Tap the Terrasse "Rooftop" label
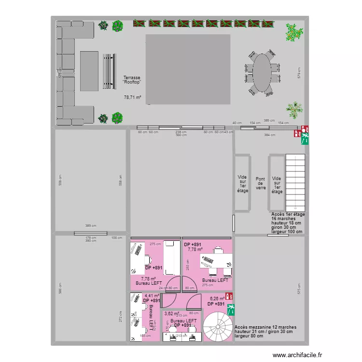click(132, 80)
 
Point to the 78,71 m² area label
click(132, 97)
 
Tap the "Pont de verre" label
click(261, 183)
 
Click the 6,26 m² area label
click(217, 298)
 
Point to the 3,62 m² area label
click(172, 313)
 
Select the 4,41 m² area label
click(152, 296)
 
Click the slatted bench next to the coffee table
click(109, 71)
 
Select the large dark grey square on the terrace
click(188, 69)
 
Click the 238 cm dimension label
click(181, 132)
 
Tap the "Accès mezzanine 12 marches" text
click(265, 327)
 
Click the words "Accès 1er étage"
click(288, 214)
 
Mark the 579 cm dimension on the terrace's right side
click(299, 73)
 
